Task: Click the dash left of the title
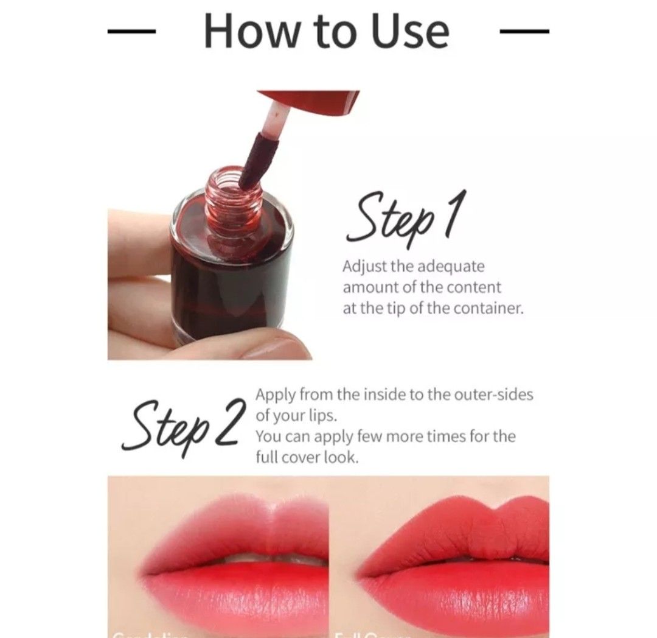tap(132, 31)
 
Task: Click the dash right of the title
tap(524, 31)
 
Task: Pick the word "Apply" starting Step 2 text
tap(275, 394)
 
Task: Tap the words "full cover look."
tap(307, 457)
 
